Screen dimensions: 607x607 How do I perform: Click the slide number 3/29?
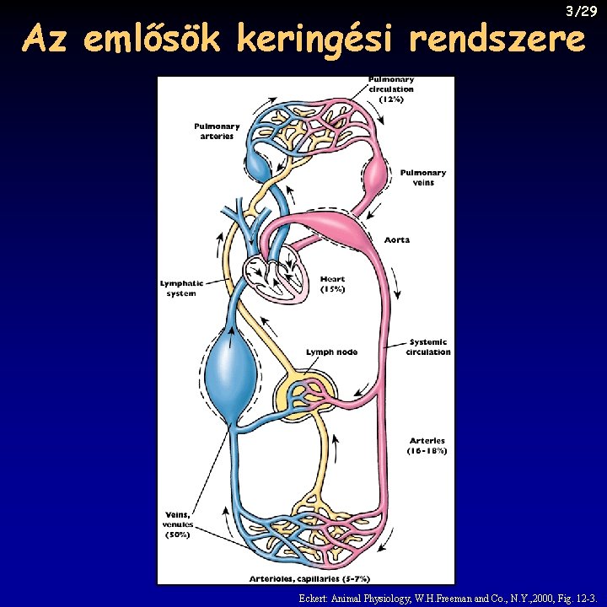pyautogui.click(x=582, y=11)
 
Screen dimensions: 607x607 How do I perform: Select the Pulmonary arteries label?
pyautogui.click(x=217, y=132)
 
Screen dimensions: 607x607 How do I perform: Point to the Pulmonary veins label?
pyautogui.click(x=422, y=177)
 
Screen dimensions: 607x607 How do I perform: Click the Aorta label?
pyautogui.click(x=396, y=240)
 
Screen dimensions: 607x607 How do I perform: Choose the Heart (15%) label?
pyautogui.click(x=332, y=284)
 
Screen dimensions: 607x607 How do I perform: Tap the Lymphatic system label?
pyautogui.click(x=181, y=288)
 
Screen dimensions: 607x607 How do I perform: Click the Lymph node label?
pyautogui.click(x=331, y=352)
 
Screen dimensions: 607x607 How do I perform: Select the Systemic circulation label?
pyautogui.click(x=428, y=346)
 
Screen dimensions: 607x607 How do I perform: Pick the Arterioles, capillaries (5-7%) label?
pyautogui.click(x=309, y=578)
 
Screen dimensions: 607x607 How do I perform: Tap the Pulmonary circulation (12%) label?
pyautogui.click(x=391, y=89)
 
